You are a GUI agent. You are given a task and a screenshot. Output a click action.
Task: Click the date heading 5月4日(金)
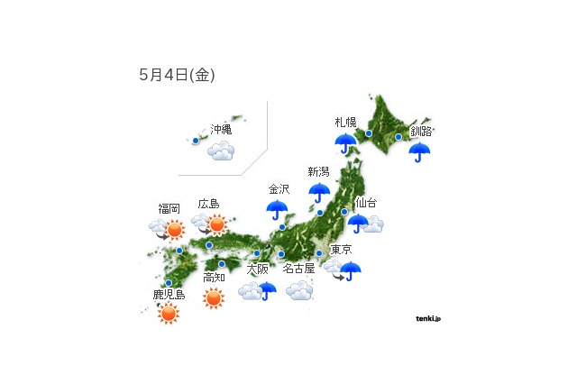[177, 76]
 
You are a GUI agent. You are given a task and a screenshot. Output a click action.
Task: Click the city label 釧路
[420, 131]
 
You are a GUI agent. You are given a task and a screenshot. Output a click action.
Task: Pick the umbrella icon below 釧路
[419, 151]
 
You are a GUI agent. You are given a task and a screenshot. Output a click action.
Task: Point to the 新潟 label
[319, 172]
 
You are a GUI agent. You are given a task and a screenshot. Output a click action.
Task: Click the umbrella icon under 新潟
[319, 193]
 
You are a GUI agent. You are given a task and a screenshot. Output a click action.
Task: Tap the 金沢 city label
[279, 189]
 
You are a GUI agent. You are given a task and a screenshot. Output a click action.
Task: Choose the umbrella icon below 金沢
[278, 211]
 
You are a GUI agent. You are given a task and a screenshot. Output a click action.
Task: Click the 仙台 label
[366, 203]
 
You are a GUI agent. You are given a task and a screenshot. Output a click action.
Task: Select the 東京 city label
[341, 250]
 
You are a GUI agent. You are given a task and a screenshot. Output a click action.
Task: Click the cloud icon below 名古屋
[299, 290]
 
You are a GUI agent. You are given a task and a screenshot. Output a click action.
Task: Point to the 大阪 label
[257, 269]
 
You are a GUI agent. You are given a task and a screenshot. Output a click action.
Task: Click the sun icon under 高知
[214, 297]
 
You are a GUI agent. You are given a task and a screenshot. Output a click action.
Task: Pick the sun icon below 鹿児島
[169, 313]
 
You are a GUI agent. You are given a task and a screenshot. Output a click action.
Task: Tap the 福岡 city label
[169, 208]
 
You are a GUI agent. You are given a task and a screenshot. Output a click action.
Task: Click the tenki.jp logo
[428, 317]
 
